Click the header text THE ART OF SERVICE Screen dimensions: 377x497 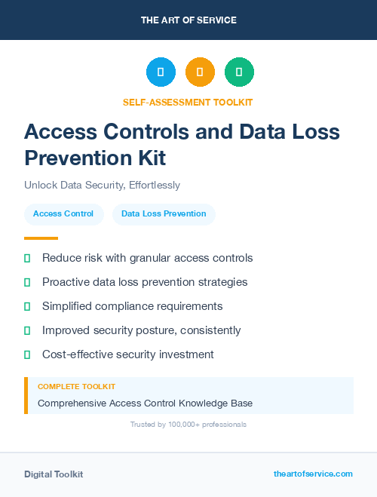(x=188, y=20)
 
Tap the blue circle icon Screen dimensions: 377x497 (x=161, y=72)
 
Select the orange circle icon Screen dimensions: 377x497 (x=200, y=72)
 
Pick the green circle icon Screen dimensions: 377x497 (x=239, y=72)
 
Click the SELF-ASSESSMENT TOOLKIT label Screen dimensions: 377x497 (x=188, y=102)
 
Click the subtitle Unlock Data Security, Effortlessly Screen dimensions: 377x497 (x=102, y=185)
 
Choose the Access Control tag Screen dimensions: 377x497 (x=63, y=214)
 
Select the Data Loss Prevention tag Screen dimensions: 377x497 (x=164, y=214)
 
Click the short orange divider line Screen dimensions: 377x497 (x=36, y=238)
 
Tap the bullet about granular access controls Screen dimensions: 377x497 (x=147, y=258)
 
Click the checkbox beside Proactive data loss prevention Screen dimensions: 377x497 (x=27, y=282)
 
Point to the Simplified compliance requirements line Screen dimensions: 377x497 (x=132, y=306)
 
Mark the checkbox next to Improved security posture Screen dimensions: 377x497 (x=27, y=330)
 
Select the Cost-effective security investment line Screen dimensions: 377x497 (x=128, y=354)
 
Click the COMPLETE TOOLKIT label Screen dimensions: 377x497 (x=76, y=386)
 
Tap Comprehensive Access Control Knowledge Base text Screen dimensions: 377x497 (x=145, y=403)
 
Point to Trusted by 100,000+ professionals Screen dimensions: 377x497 (x=188, y=425)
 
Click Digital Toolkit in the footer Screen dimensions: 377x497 (x=54, y=474)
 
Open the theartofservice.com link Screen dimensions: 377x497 (x=313, y=474)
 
